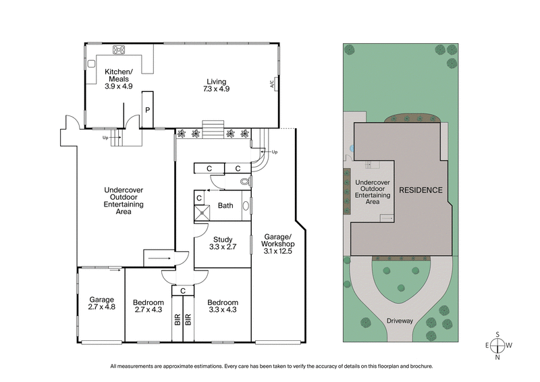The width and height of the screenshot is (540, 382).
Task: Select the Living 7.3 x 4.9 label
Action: (217, 86)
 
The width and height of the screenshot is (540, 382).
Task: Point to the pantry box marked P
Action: (147, 109)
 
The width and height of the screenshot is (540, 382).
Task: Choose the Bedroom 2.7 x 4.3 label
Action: (148, 306)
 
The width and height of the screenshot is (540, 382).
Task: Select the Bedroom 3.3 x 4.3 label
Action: (223, 306)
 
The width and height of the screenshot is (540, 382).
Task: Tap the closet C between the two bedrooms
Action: (180, 290)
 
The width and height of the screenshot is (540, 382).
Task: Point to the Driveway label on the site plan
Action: (400, 321)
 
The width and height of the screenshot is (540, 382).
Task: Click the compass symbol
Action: (497, 346)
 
